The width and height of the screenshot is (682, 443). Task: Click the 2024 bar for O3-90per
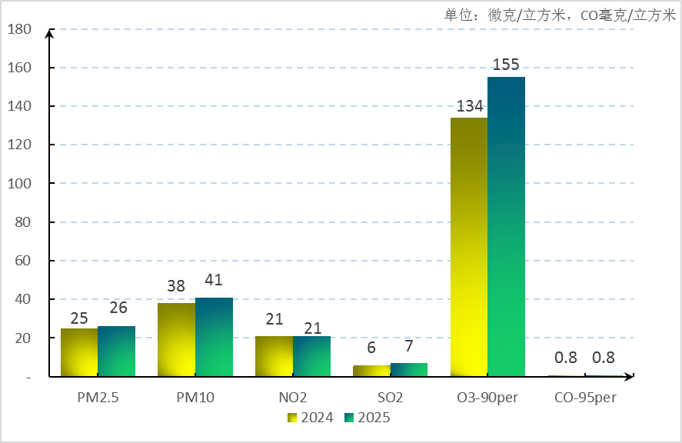(469, 246)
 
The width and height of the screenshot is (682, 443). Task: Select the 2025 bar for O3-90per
(507, 227)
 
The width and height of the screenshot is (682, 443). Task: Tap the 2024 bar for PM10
(176, 339)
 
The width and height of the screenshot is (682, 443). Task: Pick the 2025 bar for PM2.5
(116, 351)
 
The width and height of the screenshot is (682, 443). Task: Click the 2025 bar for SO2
(409, 369)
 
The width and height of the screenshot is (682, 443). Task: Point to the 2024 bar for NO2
(274, 356)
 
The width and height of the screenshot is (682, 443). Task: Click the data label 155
(506, 65)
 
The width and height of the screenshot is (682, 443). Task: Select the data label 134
(469, 105)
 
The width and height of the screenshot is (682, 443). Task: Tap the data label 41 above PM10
(214, 281)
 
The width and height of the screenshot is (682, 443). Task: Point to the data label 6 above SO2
(371, 348)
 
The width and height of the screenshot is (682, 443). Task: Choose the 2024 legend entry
(310, 418)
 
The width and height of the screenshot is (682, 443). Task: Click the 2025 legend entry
(368, 418)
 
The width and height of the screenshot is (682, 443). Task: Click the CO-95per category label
(585, 398)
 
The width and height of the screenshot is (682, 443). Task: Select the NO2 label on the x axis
(293, 398)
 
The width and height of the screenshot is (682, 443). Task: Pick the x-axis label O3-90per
(487, 398)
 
